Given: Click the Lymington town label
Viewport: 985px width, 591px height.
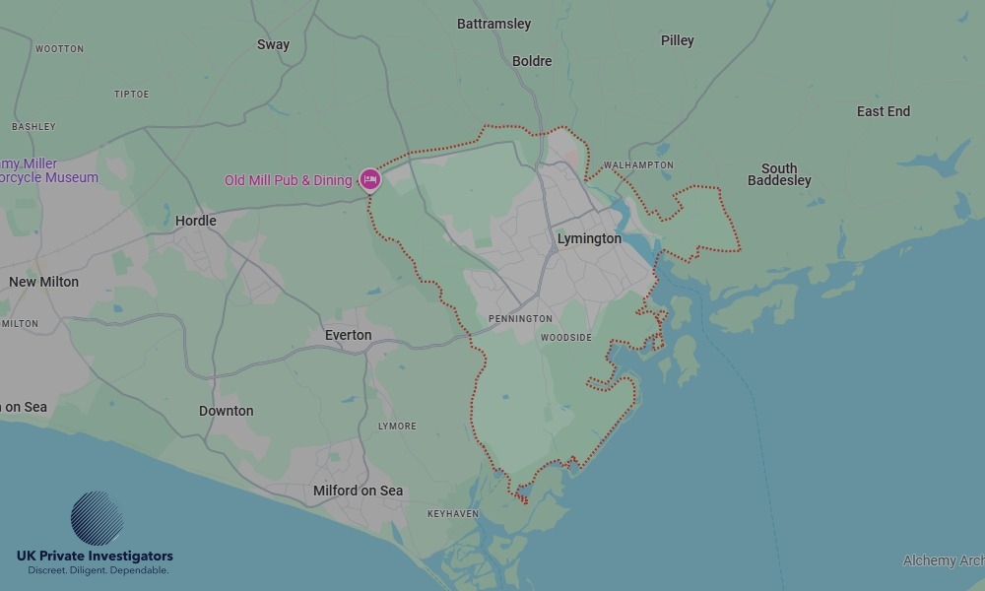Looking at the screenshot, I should coord(589,239).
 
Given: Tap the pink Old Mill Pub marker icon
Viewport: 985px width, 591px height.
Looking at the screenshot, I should coord(370,179).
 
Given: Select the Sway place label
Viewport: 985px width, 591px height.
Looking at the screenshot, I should coord(273,44).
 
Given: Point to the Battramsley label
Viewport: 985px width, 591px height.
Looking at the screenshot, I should coord(493,24).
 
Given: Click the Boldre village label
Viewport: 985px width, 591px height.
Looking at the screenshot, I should coord(532,61).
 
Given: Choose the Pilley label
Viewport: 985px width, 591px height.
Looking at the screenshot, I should coord(678,40).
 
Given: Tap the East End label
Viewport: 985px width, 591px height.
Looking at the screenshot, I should coord(884,111).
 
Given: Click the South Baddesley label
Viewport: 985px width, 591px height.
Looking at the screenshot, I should coord(779,174).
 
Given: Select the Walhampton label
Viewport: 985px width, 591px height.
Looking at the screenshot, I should coord(638,165).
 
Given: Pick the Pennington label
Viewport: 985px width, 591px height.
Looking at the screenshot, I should coord(520,319).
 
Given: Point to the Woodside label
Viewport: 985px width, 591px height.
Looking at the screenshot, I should coord(566,338).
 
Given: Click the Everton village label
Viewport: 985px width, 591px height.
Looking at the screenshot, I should coord(349,335).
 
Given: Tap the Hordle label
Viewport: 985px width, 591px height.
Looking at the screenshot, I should coord(195,221).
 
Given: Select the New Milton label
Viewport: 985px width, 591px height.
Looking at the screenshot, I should coord(43,282).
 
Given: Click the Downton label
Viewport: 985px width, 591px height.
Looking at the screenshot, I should coord(227,411).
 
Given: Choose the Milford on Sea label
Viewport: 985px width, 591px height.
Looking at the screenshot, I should coord(358,491).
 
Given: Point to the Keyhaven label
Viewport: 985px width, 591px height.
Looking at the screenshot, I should coord(453,514).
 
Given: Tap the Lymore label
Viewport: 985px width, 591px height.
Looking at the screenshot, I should coord(397,427).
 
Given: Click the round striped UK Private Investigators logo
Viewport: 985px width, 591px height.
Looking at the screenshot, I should coord(97,518).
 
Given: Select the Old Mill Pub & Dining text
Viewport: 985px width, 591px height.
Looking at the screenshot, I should coord(288,180).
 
